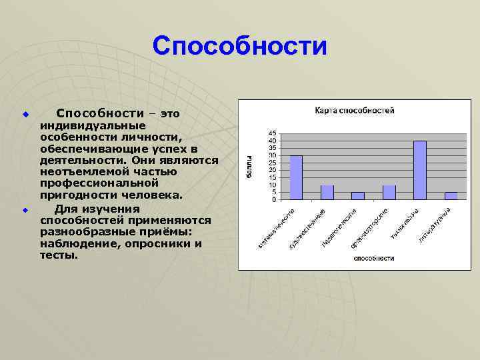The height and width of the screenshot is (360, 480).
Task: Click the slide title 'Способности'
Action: pyautogui.click(x=239, y=47)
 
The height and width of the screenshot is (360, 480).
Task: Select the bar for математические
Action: pyautogui.click(x=295, y=177)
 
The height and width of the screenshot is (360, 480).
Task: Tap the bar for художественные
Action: pyautogui.click(x=327, y=192)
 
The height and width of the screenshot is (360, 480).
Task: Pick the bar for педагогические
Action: pyautogui.click(x=358, y=195)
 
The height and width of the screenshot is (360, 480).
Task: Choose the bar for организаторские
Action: pyautogui.click(x=389, y=192)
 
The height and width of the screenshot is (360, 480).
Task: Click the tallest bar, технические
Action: pyautogui.click(x=420, y=170)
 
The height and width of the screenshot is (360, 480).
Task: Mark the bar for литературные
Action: pyautogui.click(x=451, y=195)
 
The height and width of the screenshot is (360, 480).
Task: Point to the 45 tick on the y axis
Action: pyautogui.click(x=272, y=133)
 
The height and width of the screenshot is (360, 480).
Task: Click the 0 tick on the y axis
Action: pyautogui.click(x=273, y=199)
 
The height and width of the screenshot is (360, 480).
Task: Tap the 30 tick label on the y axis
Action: pyautogui.click(x=272, y=155)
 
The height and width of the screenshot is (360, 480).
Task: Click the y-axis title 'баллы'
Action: pyautogui.click(x=248, y=166)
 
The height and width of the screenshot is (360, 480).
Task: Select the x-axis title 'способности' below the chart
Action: pyautogui.click(x=373, y=258)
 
